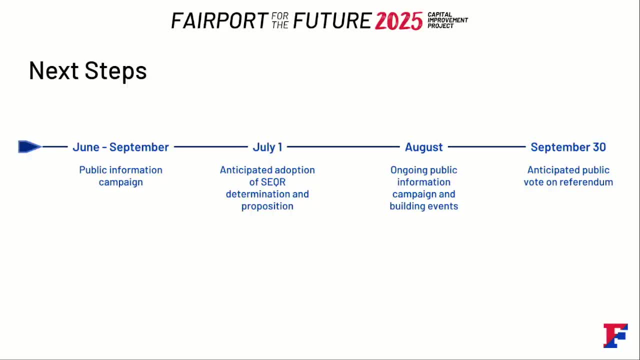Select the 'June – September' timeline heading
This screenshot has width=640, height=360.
tap(120, 147)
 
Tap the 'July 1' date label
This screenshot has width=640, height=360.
tap(267, 147)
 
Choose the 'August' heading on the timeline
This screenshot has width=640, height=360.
tap(423, 147)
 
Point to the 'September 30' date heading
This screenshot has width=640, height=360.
tap(568, 147)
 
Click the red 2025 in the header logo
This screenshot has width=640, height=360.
tap(398, 21)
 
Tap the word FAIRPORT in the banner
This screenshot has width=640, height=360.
tap(219, 20)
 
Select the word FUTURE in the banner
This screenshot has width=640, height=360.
tap(332, 20)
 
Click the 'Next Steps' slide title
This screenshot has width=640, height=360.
tap(87, 70)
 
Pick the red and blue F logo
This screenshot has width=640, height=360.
tap(615, 335)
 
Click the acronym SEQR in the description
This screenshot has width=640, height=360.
tap(273, 182)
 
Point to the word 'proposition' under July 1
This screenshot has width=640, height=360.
tap(267, 206)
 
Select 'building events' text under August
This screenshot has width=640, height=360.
tap(423, 206)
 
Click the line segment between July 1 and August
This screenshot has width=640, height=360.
tap(343, 147)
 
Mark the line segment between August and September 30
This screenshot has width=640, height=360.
tap(487, 147)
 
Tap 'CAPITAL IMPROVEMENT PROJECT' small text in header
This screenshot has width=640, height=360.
tap(447, 20)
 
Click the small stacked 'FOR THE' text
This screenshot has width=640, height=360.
tap(280, 20)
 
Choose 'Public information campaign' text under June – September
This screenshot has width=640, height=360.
tap(121, 176)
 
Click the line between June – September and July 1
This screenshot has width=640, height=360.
tap(211, 147)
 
